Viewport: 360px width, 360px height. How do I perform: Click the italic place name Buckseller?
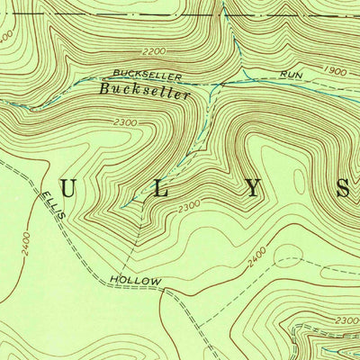tap(145, 92)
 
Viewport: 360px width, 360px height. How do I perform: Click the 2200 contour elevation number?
tap(155, 52)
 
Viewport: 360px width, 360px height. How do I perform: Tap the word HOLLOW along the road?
tap(136, 282)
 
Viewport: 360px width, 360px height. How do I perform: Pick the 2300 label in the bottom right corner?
tap(345, 320)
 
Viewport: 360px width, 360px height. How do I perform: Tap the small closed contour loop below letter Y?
tap(288, 254)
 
